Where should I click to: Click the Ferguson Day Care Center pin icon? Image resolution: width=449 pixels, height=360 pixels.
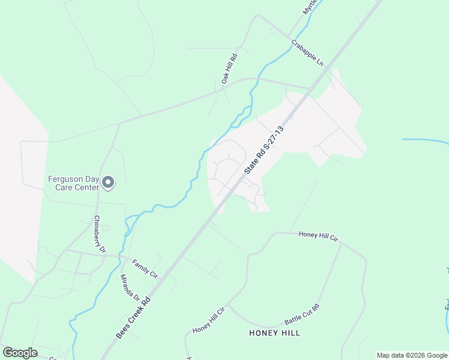[x=108, y=182]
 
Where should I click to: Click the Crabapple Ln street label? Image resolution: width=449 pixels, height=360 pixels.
[x=307, y=53]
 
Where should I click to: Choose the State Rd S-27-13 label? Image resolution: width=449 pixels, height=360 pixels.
[x=263, y=150]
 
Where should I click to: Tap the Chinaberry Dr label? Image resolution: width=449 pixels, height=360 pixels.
[x=100, y=233]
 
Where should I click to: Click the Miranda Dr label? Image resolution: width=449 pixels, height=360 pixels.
[x=130, y=288]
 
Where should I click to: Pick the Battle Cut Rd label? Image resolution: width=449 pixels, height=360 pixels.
[x=302, y=315]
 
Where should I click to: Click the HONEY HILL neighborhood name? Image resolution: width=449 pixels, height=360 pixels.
[x=274, y=332]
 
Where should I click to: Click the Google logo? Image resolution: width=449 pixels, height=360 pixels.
[x=20, y=352]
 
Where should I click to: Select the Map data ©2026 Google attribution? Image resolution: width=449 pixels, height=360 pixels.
[x=412, y=355]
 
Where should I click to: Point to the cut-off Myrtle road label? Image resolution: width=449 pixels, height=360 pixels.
[x=309, y=7]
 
